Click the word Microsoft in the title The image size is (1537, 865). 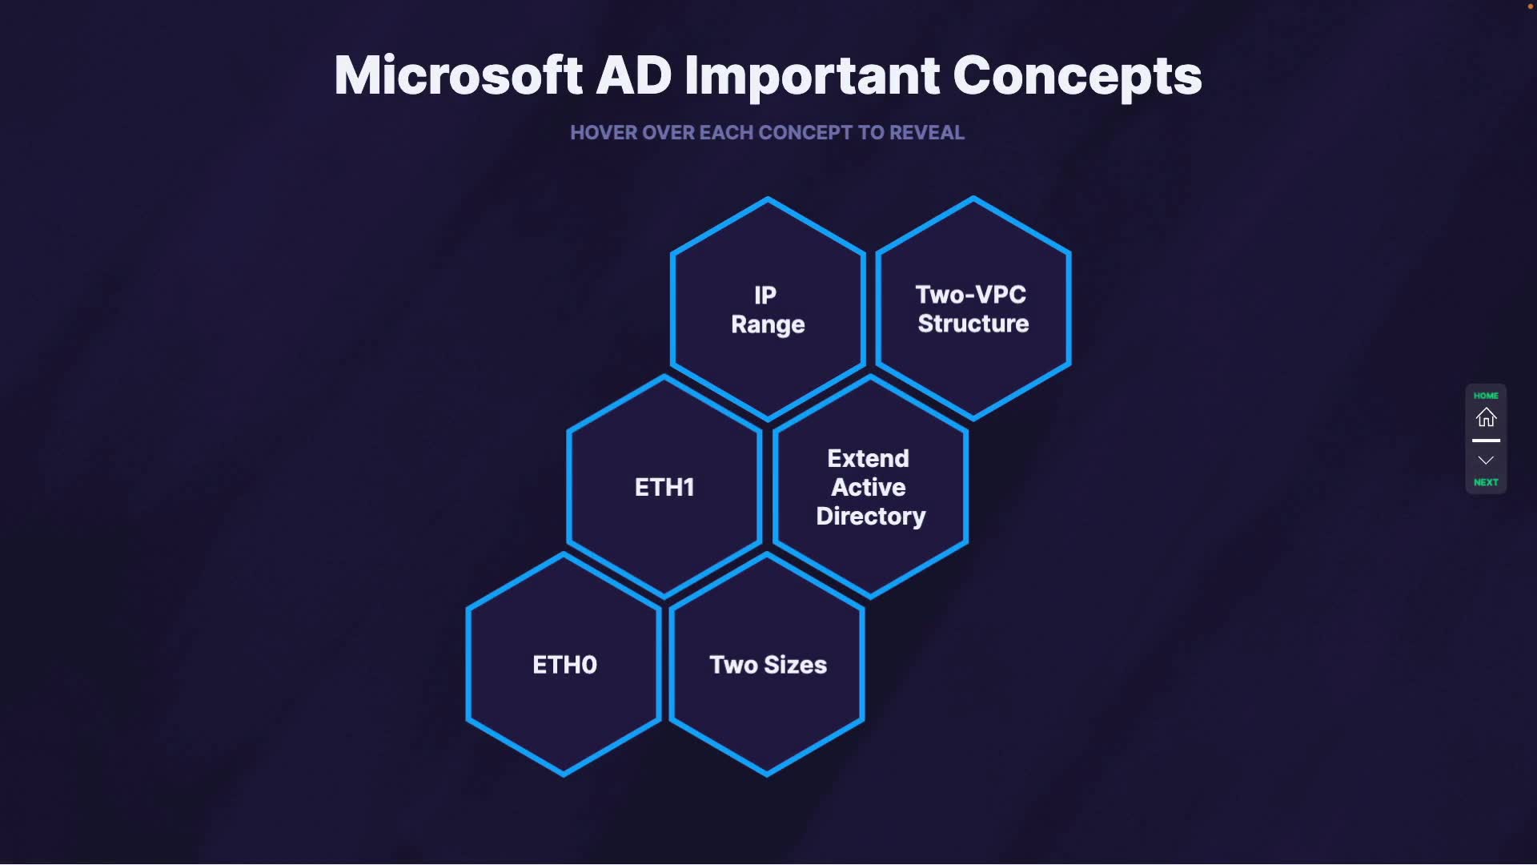point(458,76)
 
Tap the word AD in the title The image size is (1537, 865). point(633,76)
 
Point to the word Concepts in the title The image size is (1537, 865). point(1077,76)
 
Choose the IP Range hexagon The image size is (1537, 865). point(768,309)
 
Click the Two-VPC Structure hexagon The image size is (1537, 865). point(973,308)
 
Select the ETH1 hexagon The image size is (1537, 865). point(664,487)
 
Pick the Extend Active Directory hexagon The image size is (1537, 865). point(870,487)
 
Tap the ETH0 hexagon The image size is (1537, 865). point(564,665)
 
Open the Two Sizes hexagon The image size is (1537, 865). point(768,665)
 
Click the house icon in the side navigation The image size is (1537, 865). point(1486,417)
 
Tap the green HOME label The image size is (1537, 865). point(1486,396)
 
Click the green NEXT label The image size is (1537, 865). point(1486,482)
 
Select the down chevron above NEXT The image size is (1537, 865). point(1486,461)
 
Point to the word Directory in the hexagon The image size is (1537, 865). point(870,517)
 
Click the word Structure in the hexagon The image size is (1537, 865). point(973,324)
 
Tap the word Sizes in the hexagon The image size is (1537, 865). point(795,665)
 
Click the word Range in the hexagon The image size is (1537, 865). point(768,324)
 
